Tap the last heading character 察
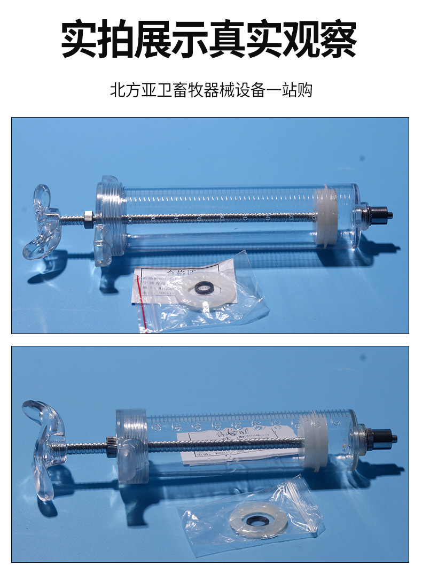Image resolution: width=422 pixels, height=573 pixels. coord(338,40)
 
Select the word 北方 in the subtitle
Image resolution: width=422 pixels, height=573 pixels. coord(120,90)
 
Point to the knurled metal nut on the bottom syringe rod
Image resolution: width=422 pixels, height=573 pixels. coord(112,446)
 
